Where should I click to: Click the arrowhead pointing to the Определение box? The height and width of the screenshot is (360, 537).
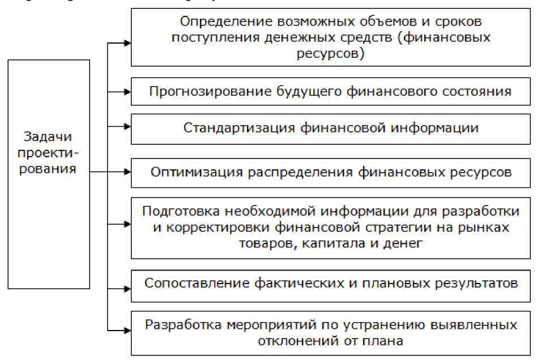pyautogui.click(x=127, y=42)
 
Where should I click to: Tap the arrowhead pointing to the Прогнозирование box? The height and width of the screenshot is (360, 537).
pyautogui.click(x=127, y=91)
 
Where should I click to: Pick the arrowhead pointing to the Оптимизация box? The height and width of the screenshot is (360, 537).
pyautogui.click(x=127, y=172)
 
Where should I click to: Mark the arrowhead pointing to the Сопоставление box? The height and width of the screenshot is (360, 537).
pyautogui.click(x=127, y=283)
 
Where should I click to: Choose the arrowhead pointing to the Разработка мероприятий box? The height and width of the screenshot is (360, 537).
pyautogui.click(x=127, y=328)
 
